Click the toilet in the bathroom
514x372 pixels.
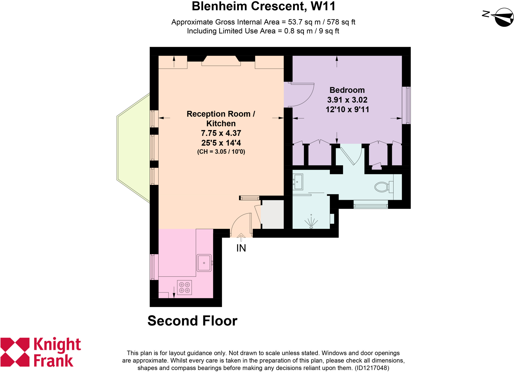[382, 187]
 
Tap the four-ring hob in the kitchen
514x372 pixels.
[184, 287]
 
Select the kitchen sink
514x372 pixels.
[204, 263]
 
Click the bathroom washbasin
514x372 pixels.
[298, 182]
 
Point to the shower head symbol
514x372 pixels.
[311, 223]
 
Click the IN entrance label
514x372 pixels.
[241, 248]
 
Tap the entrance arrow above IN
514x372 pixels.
[241, 237]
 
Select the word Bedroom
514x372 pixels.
[347, 90]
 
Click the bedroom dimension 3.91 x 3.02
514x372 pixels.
[347, 100]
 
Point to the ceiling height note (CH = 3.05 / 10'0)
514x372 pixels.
[221, 152]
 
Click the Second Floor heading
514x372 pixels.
[192, 321]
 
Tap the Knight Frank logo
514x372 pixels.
[40, 352]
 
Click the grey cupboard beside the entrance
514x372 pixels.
[273, 214]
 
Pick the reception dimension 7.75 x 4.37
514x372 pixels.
[221, 133]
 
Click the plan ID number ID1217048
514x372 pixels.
[372, 368]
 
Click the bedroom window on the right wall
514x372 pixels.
[406, 105]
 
